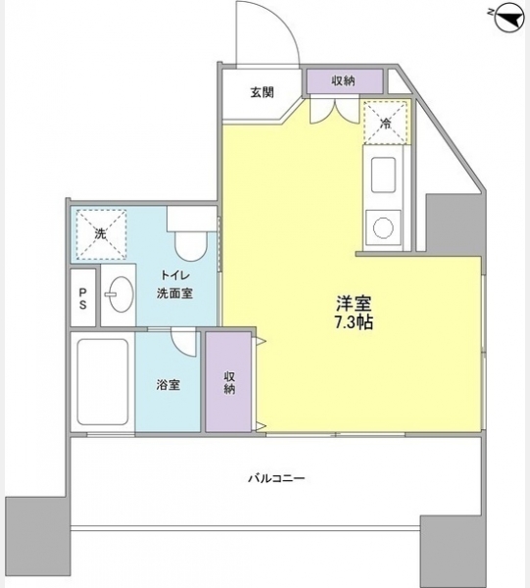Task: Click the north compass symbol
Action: point(509,18)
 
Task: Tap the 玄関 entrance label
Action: point(262,92)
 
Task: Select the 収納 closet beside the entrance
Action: point(345,80)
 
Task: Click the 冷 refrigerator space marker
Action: point(385,122)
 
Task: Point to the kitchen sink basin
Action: point(383,174)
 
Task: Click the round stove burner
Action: point(383,227)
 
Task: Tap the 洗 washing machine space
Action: point(101,234)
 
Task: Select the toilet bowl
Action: point(191,246)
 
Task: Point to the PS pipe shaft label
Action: point(82,298)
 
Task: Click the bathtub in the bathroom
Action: point(103,382)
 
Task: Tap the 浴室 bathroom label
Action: point(169,385)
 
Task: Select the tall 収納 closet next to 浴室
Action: point(228,381)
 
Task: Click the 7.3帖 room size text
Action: point(354,322)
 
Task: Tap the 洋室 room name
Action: point(354,304)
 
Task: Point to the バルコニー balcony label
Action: point(276,478)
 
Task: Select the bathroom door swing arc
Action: point(179,350)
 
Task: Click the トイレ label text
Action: point(175,275)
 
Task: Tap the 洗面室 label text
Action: point(174,294)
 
